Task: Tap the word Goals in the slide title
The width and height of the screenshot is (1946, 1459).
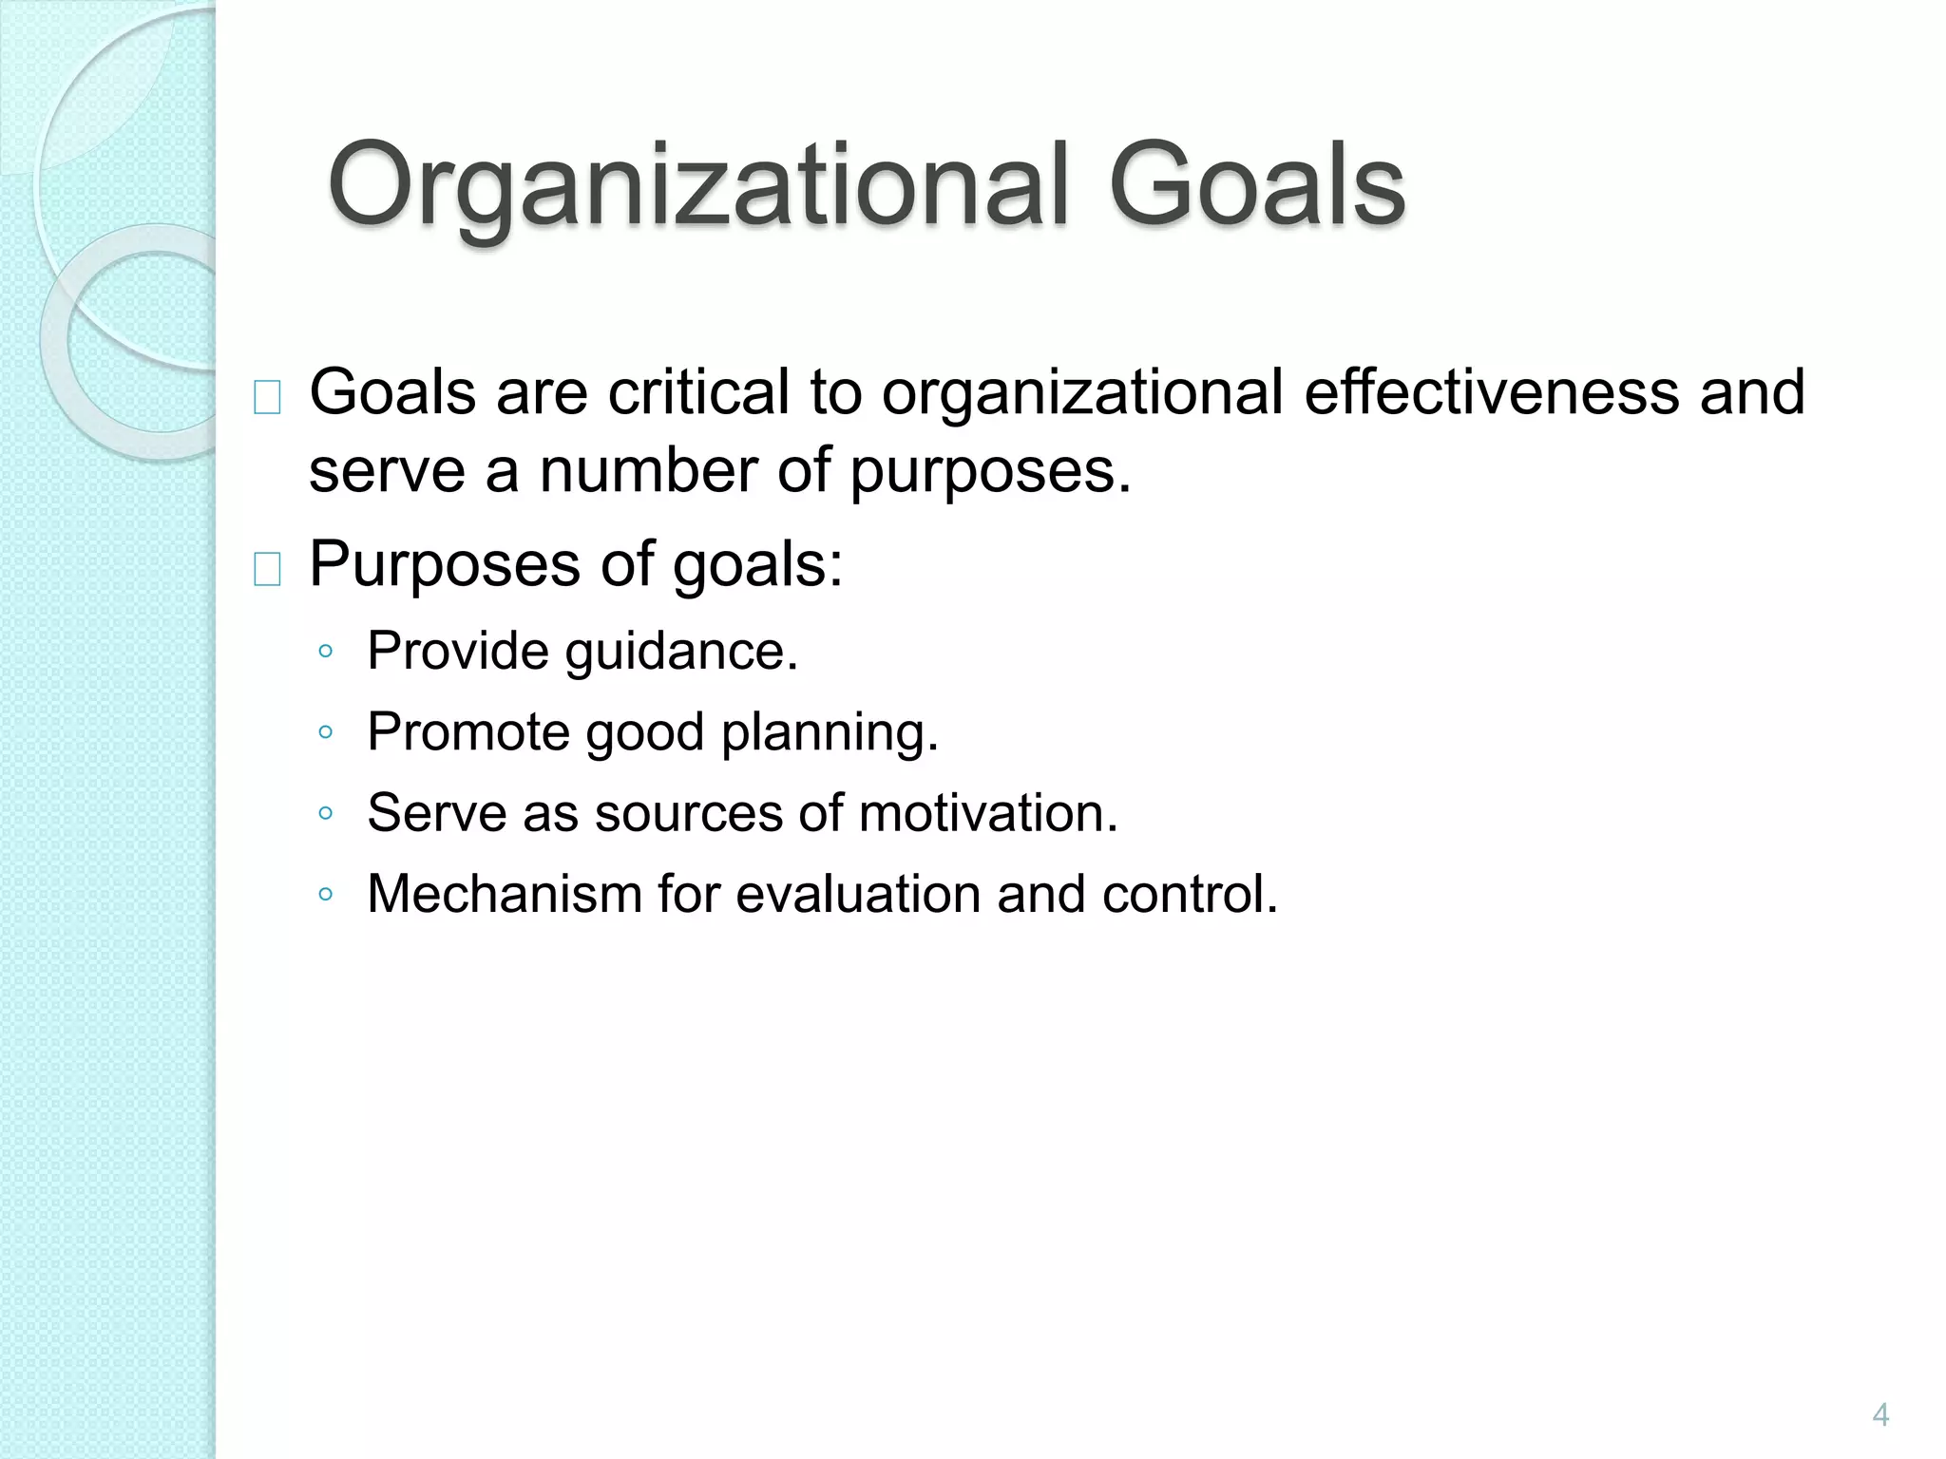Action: [x=1256, y=185]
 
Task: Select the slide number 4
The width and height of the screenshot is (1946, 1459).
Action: [x=1879, y=1415]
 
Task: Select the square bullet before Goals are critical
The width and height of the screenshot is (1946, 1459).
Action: [x=267, y=398]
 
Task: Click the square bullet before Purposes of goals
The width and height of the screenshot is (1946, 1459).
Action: [x=267, y=570]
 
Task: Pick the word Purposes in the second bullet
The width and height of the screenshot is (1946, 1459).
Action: [x=445, y=564]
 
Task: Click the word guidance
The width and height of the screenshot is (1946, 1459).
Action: [x=681, y=653]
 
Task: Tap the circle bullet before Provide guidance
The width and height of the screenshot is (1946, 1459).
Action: [x=326, y=652]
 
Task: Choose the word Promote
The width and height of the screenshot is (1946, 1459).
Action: [x=468, y=732]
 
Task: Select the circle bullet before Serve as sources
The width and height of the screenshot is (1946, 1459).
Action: [x=326, y=813]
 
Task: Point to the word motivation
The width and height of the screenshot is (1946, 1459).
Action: [x=988, y=813]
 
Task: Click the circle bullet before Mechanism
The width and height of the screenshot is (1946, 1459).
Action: [x=326, y=894]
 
